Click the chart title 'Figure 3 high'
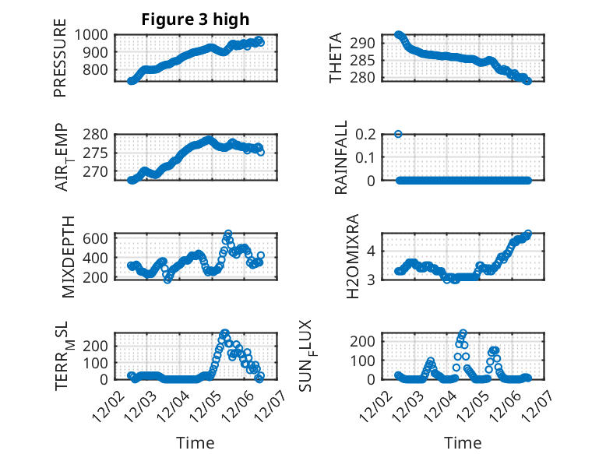(x=195, y=19)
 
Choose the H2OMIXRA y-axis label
(x=352, y=257)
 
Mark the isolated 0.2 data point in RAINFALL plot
(x=398, y=134)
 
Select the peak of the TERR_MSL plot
(x=224, y=333)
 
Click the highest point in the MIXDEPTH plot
(x=228, y=234)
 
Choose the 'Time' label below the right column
(x=463, y=443)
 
